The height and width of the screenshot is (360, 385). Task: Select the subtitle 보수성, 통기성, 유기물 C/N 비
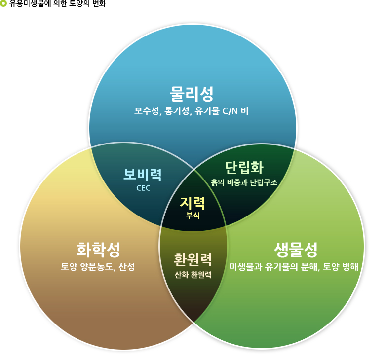(x=192, y=111)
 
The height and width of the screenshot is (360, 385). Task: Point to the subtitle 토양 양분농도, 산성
(x=98, y=267)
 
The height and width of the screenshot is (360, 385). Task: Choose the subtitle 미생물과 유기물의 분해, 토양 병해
(x=294, y=267)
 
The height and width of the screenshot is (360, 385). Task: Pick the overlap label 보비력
(x=143, y=175)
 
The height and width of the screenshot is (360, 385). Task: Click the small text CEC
(x=143, y=188)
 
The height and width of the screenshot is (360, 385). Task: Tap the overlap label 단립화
(x=244, y=168)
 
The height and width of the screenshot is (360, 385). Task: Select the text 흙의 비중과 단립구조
(x=244, y=182)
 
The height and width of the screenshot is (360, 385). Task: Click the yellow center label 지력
(x=192, y=202)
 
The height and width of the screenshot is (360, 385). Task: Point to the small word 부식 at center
(x=192, y=216)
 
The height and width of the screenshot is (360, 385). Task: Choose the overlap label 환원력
(x=193, y=259)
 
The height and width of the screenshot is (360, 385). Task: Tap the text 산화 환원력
(x=193, y=275)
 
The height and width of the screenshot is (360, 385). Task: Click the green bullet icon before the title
(x=4, y=4)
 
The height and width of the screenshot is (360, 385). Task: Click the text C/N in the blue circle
(x=230, y=111)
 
